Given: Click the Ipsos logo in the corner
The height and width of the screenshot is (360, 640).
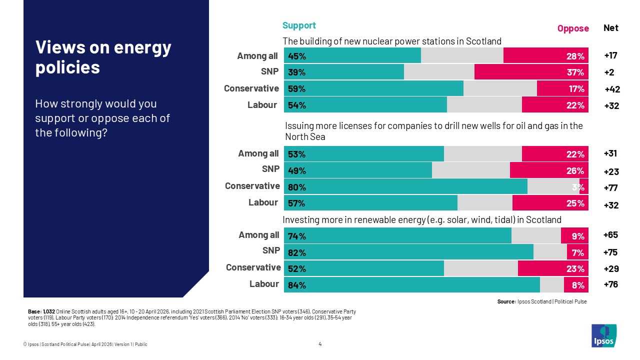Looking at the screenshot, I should click(604, 335).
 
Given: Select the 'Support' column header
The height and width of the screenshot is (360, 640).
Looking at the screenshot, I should click(299, 25).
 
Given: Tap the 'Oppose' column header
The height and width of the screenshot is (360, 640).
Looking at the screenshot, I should click(573, 28).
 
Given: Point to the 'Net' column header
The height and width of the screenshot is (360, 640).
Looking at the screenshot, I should click(611, 28).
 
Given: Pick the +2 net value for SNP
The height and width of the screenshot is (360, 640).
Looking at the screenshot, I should click(609, 72).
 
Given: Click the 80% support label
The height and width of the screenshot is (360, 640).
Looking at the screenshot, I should click(297, 187).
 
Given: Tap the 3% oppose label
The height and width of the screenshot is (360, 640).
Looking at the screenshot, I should click(578, 187).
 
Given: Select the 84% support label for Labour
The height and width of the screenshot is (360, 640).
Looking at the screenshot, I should click(297, 285).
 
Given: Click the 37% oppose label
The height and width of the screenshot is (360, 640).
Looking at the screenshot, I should click(575, 72).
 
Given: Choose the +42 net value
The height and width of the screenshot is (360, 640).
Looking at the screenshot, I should click(612, 89).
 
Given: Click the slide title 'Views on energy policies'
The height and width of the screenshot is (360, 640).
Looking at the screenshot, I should click(103, 57).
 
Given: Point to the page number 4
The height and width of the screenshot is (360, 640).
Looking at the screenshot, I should click(320, 343).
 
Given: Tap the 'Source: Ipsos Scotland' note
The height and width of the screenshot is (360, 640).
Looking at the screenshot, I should click(542, 301).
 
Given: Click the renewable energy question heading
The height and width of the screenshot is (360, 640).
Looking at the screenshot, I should click(422, 219).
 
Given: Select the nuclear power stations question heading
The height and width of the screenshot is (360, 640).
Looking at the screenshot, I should click(392, 41).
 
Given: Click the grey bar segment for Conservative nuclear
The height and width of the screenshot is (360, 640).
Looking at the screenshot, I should click(500, 88).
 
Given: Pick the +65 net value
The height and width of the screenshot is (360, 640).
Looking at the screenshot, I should click(611, 235).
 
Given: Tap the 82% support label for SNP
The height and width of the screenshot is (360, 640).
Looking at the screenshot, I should click(297, 252).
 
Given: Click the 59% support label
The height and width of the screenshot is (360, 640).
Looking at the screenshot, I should click(297, 89).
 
